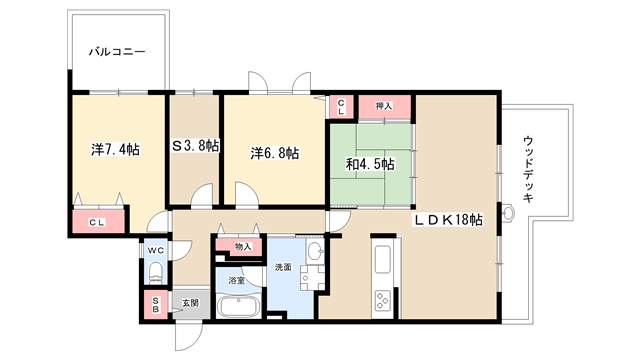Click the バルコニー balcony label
[117, 52]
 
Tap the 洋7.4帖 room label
[116, 149]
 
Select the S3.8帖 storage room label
[195, 146]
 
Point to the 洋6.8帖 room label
[274, 153]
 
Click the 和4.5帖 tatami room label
[370, 164]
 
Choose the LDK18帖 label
[449, 220]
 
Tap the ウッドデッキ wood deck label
[528, 169]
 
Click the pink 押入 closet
[384, 107]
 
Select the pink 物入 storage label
[242, 247]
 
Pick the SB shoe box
[156, 304]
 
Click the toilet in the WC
[156, 273]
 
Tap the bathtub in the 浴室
[238, 307]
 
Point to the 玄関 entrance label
[190, 303]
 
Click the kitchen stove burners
[383, 300]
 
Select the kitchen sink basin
[383, 260]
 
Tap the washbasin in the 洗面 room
[314, 251]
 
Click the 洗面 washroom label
[283, 267]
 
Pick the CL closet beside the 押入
[341, 107]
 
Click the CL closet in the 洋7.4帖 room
[98, 222]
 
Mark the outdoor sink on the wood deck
[508, 213]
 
